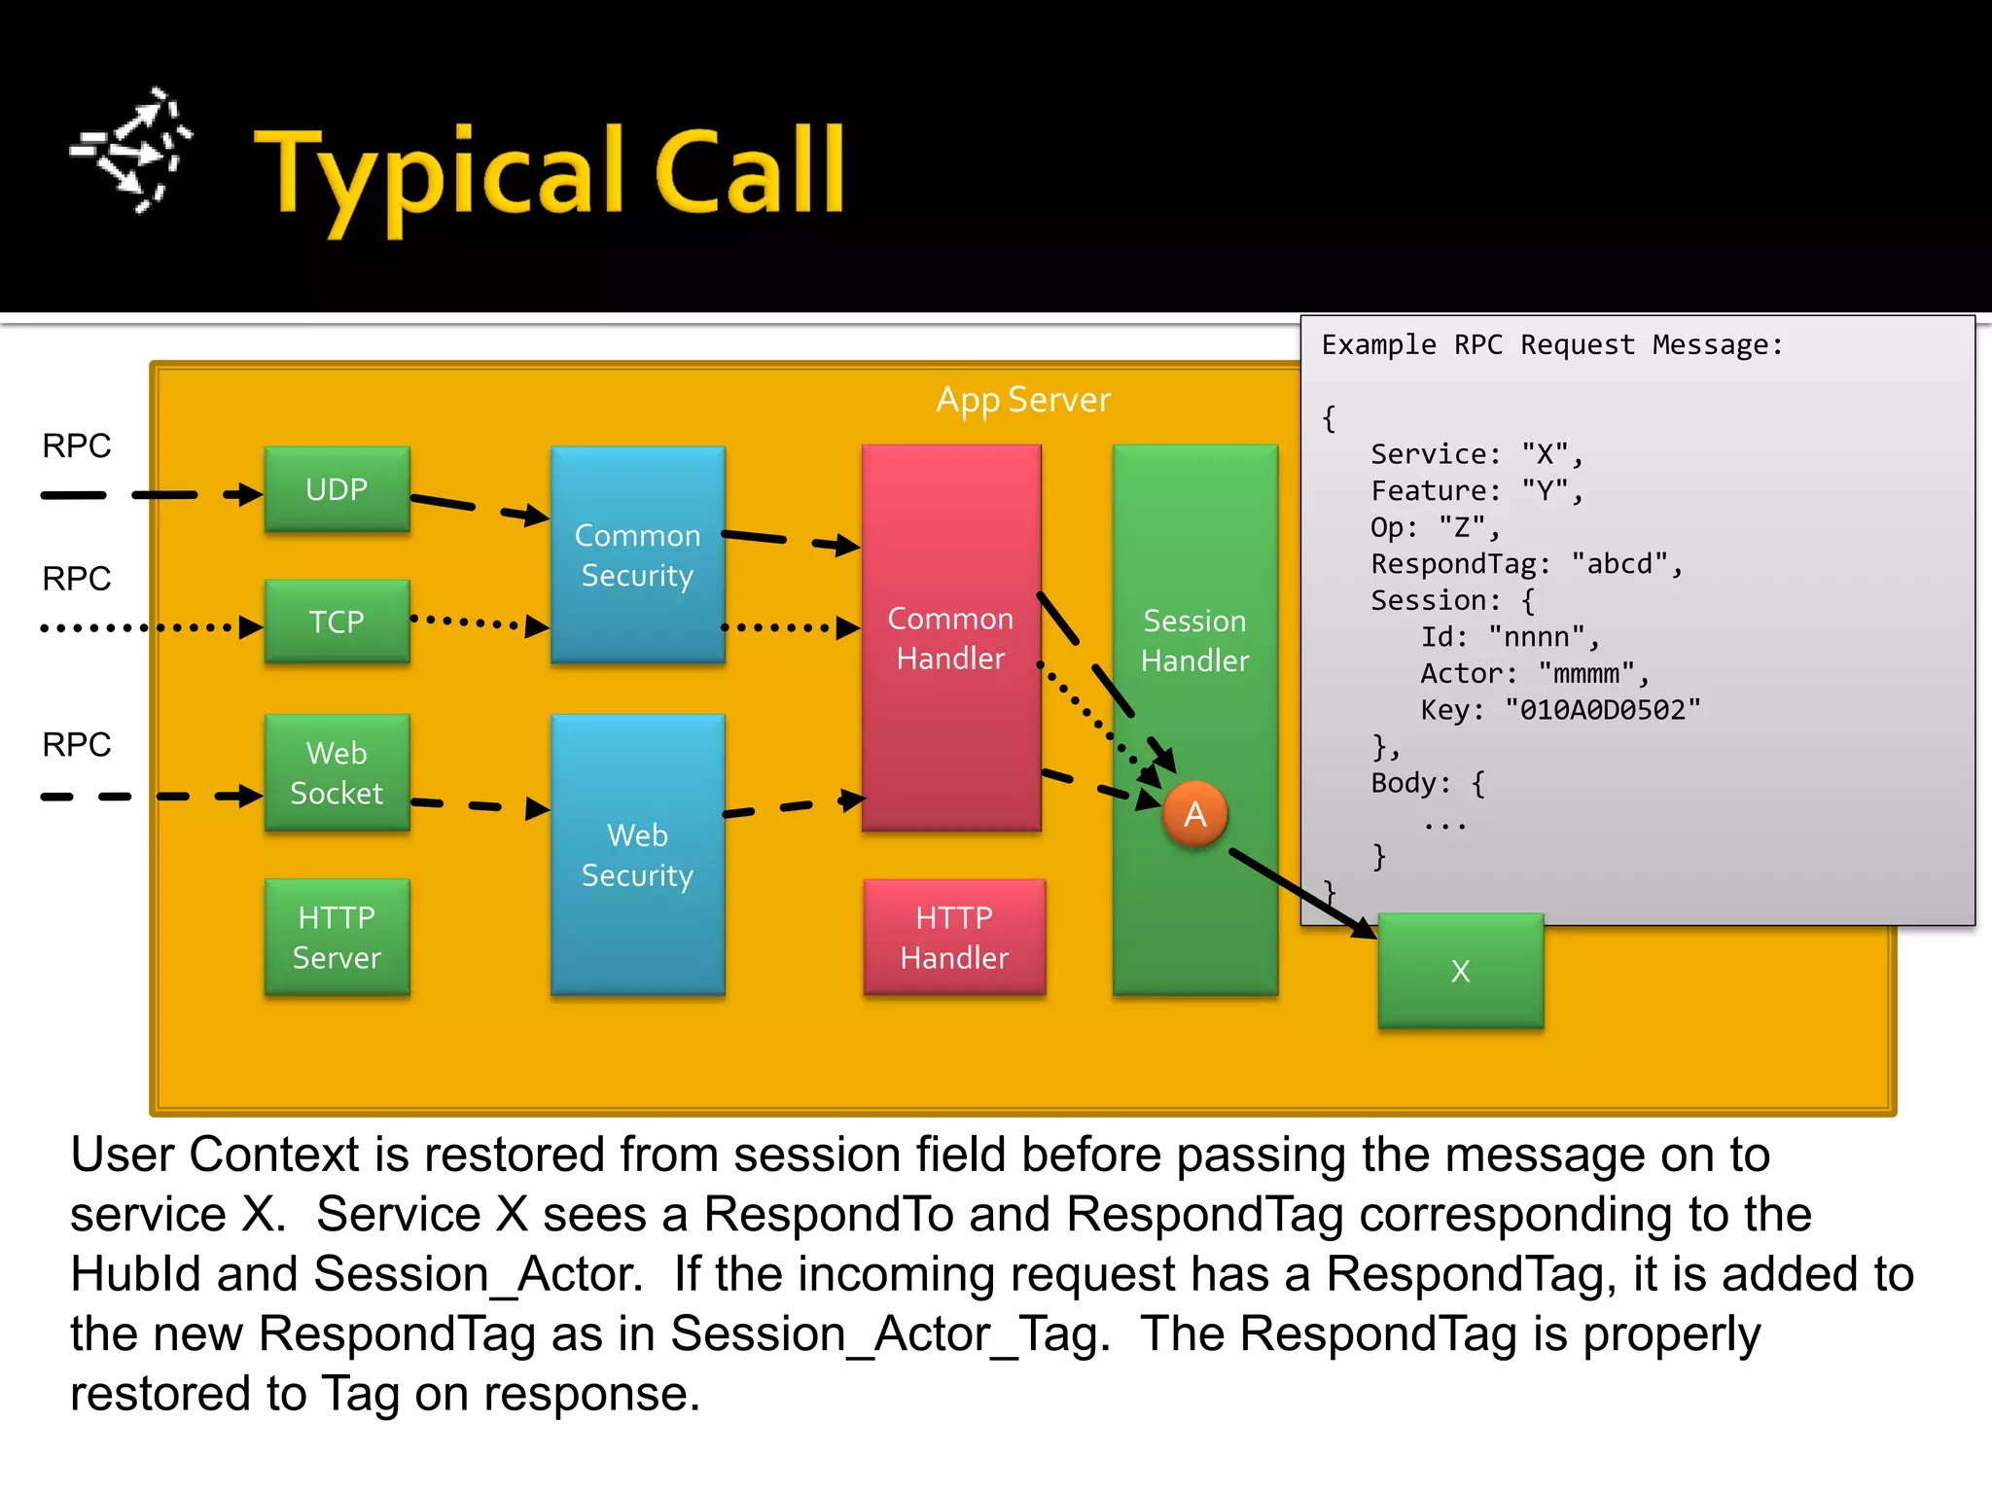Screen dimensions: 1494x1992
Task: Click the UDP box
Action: [x=337, y=489]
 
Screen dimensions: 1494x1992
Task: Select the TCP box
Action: [x=337, y=622]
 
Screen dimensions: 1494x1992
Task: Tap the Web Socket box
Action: [x=337, y=772]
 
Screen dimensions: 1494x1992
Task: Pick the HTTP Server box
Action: [x=337, y=937]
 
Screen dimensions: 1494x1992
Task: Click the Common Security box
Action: [x=637, y=554]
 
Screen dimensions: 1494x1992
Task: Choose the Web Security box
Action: [x=637, y=854]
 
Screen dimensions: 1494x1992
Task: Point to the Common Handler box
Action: [x=950, y=638]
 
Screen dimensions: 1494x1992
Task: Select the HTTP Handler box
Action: [x=954, y=937]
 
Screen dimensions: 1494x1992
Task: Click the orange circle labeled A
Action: [x=1194, y=814]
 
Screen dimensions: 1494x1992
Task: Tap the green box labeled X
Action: [x=1460, y=971]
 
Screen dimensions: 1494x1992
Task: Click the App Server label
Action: [x=1022, y=400]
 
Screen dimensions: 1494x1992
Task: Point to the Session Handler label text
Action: [x=1194, y=640]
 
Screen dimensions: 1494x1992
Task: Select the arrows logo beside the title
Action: [x=132, y=151]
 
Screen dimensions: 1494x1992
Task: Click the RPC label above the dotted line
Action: [x=76, y=579]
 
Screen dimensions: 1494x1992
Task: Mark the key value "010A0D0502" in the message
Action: [x=1602, y=710]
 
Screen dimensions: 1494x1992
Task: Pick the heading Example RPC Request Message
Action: [x=1551, y=345]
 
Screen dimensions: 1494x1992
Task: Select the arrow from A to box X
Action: [x=1303, y=893]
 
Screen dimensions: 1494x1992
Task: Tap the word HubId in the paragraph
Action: [x=135, y=1274]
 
